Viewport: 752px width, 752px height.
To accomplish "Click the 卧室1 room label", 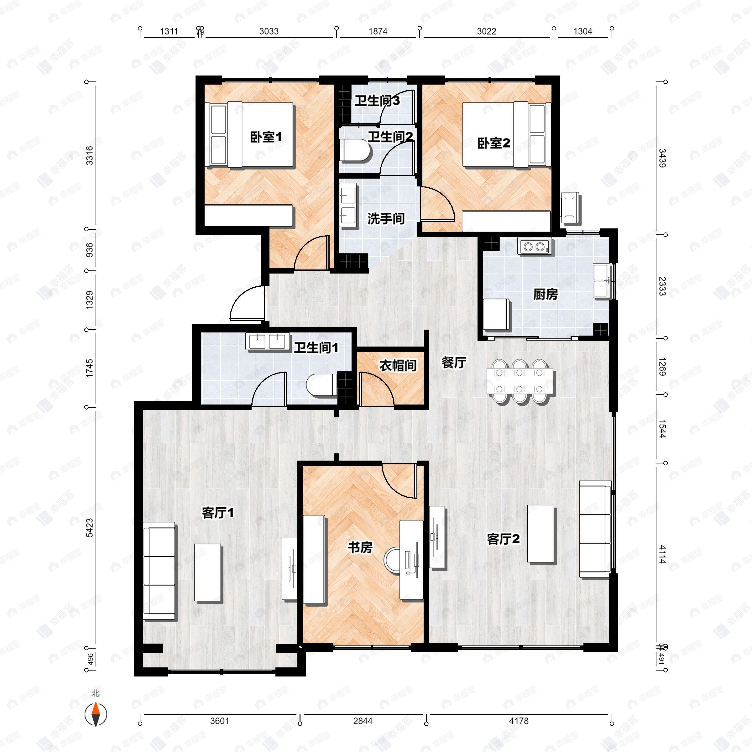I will click(x=265, y=137).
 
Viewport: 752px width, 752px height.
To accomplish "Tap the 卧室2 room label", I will click(x=494, y=143).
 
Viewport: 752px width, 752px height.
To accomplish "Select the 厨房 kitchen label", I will click(x=545, y=294).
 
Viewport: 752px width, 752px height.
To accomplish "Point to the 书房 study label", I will click(x=360, y=547).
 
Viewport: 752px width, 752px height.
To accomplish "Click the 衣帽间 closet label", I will click(x=398, y=365).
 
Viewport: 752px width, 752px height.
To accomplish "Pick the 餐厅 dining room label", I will click(x=453, y=363).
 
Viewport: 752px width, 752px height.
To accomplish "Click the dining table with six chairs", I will click(x=520, y=381).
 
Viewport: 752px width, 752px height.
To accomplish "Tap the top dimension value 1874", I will click(x=378, y=31).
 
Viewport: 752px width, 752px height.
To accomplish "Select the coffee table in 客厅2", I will click(x=540, y=533).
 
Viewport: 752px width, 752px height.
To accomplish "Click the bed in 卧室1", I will click(x=251, y=135).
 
